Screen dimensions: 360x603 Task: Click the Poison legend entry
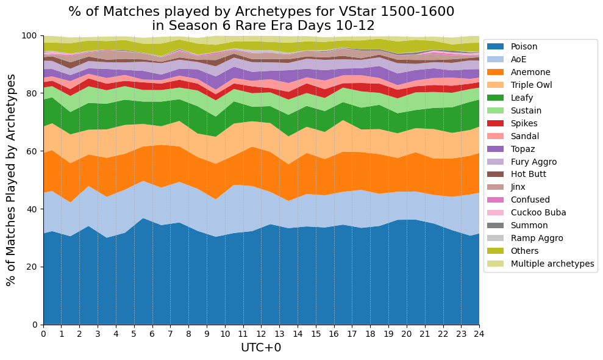524,46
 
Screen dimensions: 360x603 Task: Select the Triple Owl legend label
532,85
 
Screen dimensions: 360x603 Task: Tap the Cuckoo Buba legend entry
538,212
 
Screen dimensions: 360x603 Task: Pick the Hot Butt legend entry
528,174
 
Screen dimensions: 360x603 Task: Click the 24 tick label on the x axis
479,334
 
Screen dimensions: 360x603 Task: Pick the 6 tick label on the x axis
152,334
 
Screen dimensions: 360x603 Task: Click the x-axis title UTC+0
261,348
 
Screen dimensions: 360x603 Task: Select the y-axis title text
11,180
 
